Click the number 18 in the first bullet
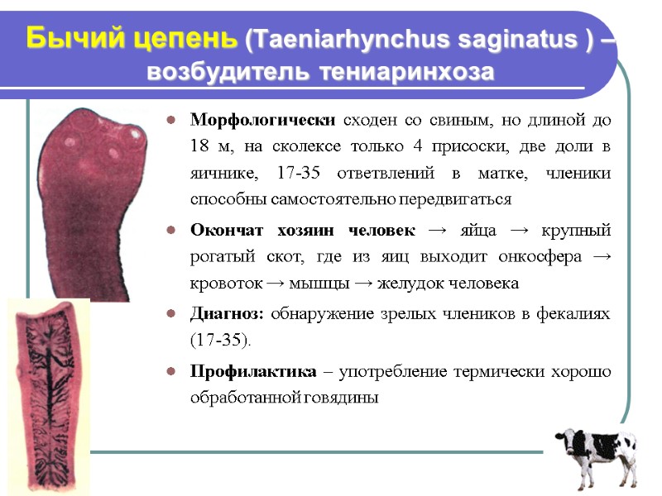200,146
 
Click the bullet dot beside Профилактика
170,372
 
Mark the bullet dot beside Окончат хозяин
170,230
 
